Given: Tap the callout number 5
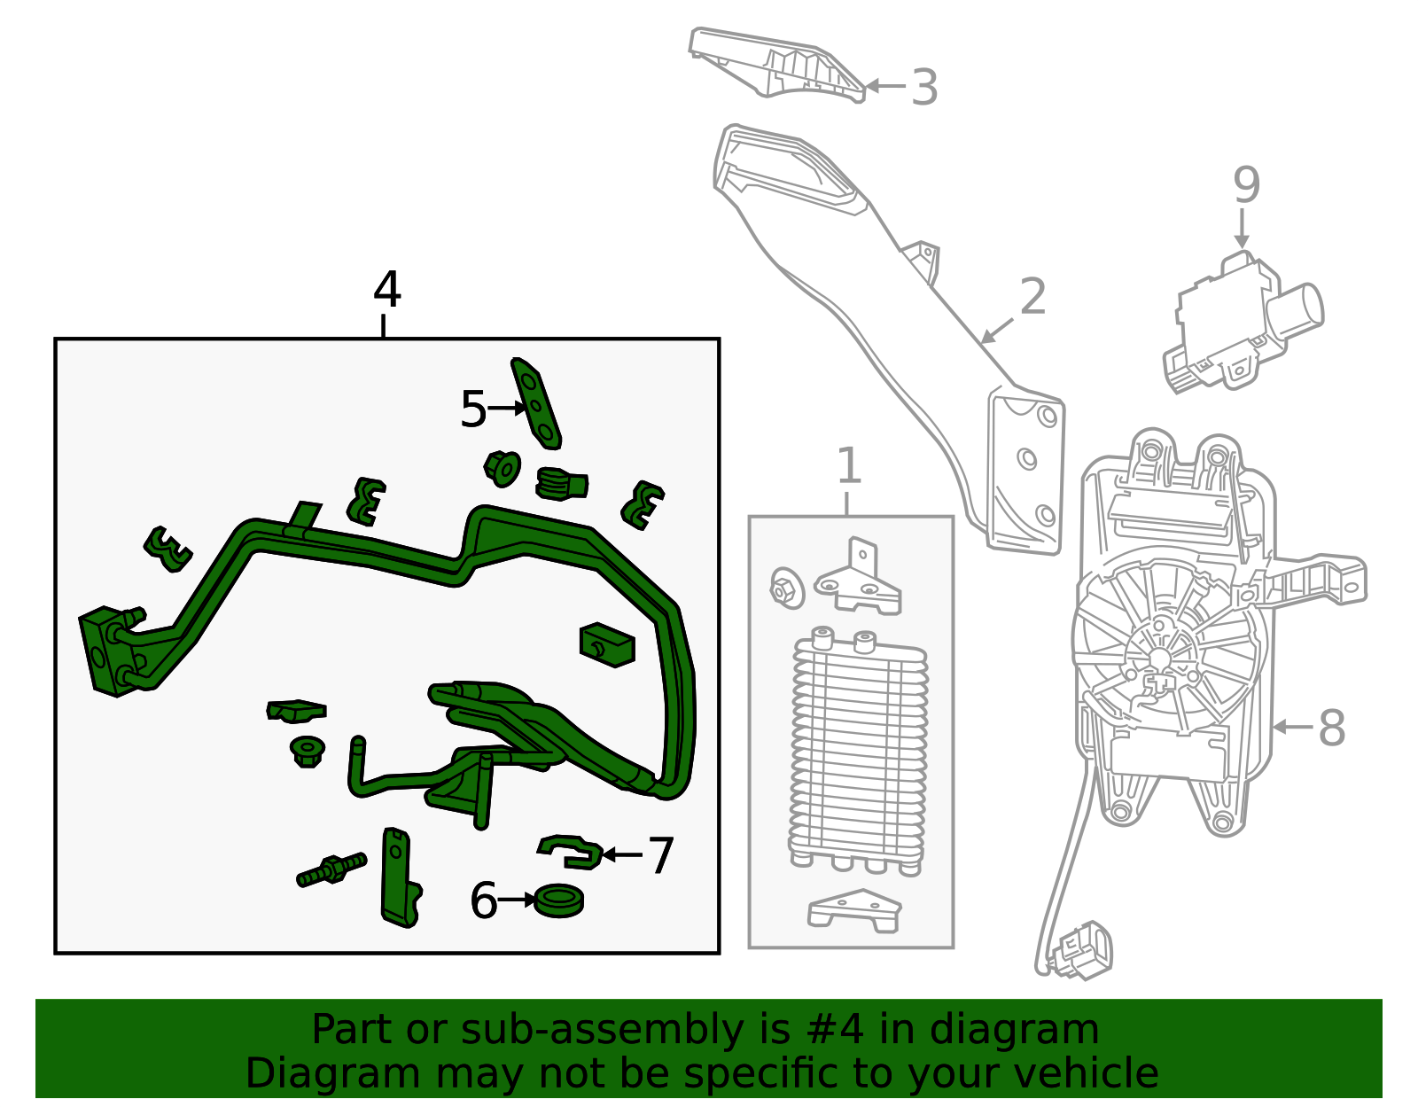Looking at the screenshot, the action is pos(473,409).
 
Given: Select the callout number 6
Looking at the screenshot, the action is pos(484,900).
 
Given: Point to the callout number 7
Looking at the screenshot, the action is pos(660,855).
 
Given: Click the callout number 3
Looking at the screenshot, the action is pos(924,87).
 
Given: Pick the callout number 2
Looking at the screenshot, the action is pos(1033,297).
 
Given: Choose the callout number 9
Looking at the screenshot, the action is pos(1246,184).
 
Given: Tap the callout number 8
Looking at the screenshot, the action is pos(1332,728).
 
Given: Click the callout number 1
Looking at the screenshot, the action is pos(848,466).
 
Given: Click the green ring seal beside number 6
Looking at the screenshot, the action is pos(558,900).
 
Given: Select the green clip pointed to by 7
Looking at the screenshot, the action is pos(571,852).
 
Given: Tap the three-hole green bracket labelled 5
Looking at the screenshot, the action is pos(536,403).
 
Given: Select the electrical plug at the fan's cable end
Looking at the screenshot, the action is pos(1078,950).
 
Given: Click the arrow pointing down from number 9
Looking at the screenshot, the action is pos(1242,229).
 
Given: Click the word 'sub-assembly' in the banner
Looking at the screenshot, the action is pos(602,1032).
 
